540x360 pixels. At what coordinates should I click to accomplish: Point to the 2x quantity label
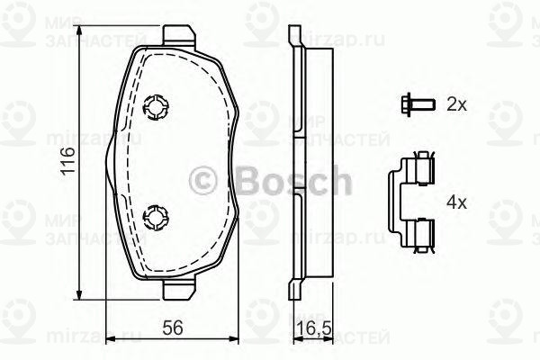(x=456, y=104)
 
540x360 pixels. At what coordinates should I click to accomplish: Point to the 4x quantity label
(x=456, y=202)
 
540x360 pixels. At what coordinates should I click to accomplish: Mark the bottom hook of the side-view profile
(x=293, y=290)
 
